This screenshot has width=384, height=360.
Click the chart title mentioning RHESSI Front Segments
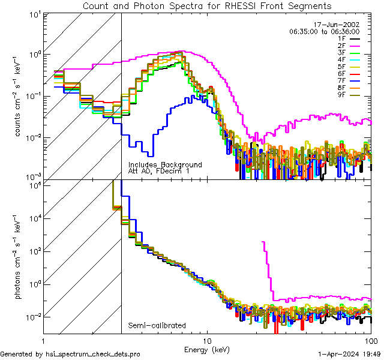207,5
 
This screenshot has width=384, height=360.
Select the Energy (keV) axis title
207,349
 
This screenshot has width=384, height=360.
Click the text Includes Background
165,164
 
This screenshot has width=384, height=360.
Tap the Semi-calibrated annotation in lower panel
157,326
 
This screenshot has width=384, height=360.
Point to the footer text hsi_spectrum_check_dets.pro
70,355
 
